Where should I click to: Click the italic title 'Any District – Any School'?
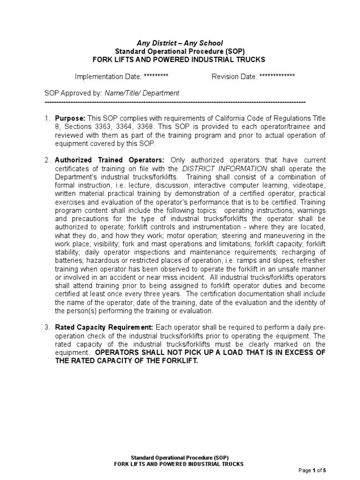(180, 43)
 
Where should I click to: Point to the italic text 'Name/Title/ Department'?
(142, 93)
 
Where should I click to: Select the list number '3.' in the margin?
(47, 327)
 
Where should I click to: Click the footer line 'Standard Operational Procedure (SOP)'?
(180, 457)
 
